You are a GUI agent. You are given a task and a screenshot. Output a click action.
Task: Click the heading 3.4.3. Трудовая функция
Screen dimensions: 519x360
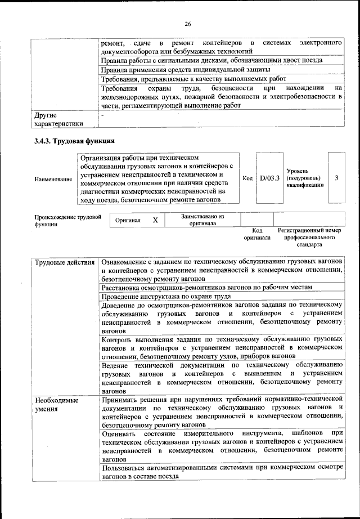tap(74, 141)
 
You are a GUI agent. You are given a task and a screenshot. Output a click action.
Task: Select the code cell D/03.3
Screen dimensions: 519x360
tap(270, 178)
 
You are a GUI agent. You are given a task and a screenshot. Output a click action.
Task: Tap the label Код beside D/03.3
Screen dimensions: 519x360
tap(247, 178)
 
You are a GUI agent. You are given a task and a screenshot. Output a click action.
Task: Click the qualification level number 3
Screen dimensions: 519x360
tap(336, 178)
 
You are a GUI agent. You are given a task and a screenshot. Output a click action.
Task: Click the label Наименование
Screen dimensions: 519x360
tap(53, 179)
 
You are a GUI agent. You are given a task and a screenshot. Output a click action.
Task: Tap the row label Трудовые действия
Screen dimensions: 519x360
tap(64, 262)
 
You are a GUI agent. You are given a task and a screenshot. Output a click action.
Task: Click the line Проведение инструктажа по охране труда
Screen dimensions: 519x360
tap(166, 296)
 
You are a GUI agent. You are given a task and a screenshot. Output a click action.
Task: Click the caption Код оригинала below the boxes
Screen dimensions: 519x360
tap(257, 234)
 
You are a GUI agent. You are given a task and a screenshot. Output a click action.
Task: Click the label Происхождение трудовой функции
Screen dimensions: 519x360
tap(67, 220)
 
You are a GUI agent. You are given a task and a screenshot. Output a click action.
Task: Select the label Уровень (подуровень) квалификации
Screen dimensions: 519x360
tap(305, 177)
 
